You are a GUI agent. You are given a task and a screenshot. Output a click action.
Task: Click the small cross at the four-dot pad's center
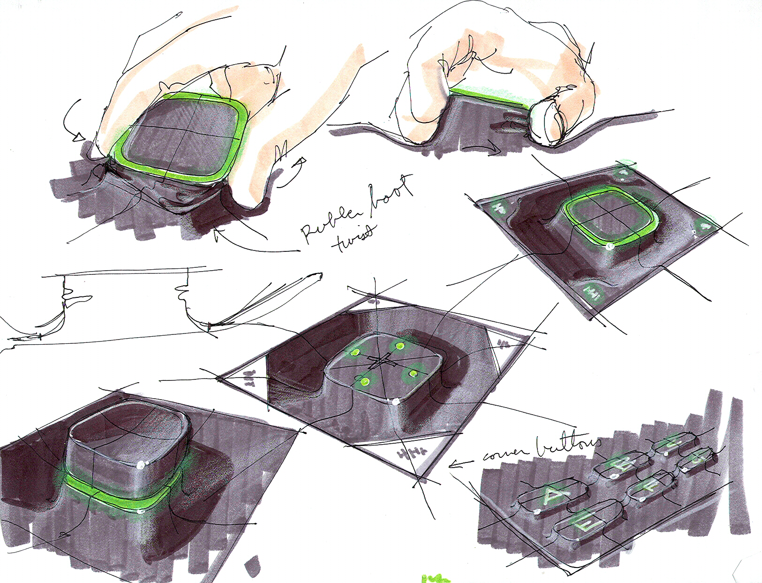[382, 362]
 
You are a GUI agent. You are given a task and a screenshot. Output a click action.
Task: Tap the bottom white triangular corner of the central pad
[413, 457]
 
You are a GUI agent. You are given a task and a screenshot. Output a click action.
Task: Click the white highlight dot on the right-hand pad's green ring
[608, 245]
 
